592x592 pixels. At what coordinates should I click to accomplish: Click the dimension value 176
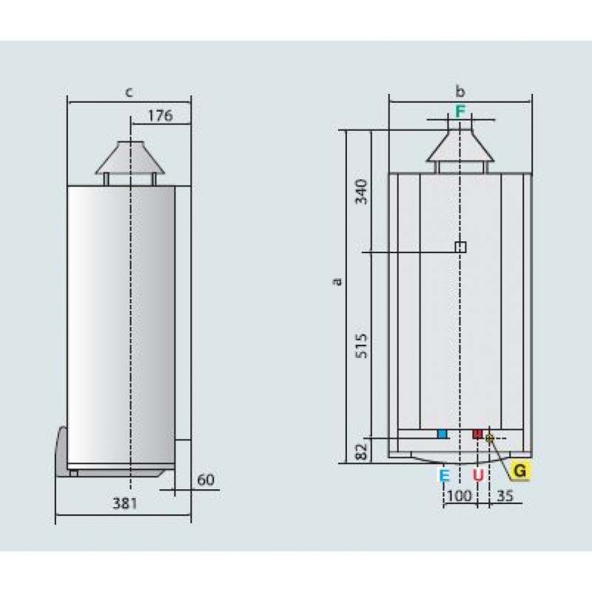(160, 115)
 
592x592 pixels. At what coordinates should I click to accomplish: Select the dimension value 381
(125, 503)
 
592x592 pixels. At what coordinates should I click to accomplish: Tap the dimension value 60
(206, 480)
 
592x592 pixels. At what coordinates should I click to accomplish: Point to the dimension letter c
(129, 92)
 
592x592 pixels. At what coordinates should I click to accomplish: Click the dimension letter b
(460, 91)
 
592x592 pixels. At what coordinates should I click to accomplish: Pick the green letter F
(460, 112)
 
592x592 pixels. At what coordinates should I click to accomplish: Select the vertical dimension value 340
(362, 192)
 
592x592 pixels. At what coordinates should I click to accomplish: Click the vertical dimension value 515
(362, 346)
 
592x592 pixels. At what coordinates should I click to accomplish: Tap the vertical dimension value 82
(362, 451)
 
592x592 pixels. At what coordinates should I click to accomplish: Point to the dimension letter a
(338, 281)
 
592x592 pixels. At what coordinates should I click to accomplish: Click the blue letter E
(445, 475)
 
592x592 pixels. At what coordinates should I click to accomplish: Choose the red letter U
(478, 475)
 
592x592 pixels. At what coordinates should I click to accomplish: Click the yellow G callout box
(520, 471)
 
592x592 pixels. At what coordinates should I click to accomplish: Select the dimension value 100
(459, 496)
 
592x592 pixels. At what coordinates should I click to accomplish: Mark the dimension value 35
(505, 496)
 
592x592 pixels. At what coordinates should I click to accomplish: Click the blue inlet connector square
(442, 434)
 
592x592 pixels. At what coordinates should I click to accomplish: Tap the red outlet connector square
(477, 434)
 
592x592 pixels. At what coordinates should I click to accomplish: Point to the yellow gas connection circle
(490, 438)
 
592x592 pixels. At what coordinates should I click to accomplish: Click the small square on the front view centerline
(460, 247)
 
